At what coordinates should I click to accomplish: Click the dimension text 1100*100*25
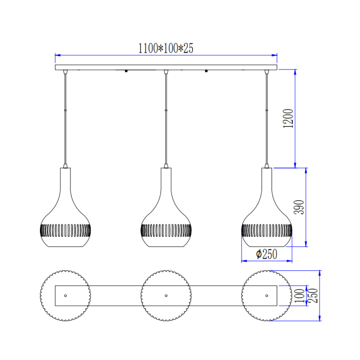click(x=166, y=48)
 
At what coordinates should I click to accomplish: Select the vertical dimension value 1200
click(x=289, y=118)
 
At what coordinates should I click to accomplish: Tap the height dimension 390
click(x=299, y=207)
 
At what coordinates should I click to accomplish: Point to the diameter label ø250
click(x=267, y=254)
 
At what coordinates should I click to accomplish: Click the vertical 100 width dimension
click(x=299, y=296)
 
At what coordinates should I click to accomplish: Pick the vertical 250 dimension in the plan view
click(x=313, y=296)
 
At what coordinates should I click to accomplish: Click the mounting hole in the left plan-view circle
click(x=65, y=296)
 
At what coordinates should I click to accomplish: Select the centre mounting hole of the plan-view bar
click(x=166, y=296)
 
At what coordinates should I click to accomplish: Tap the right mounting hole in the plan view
click(x=266, y=296)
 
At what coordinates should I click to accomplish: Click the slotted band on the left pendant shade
click(x=65, y=230)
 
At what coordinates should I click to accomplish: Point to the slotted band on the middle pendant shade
click(x=166, y=230)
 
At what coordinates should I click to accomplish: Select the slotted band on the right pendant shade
click(x=266, y=230)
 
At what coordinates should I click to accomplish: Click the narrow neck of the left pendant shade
click(x=65, y=180)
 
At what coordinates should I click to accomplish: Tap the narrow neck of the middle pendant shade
click(x=166, y=180)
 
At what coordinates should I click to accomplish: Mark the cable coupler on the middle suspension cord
click(x=166, y=111)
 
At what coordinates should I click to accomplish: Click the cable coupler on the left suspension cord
click(x=65, y=111)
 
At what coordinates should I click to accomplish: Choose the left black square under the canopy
click(x=126, y=71)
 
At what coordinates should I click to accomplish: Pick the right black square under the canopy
click(x=206, y=71)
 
